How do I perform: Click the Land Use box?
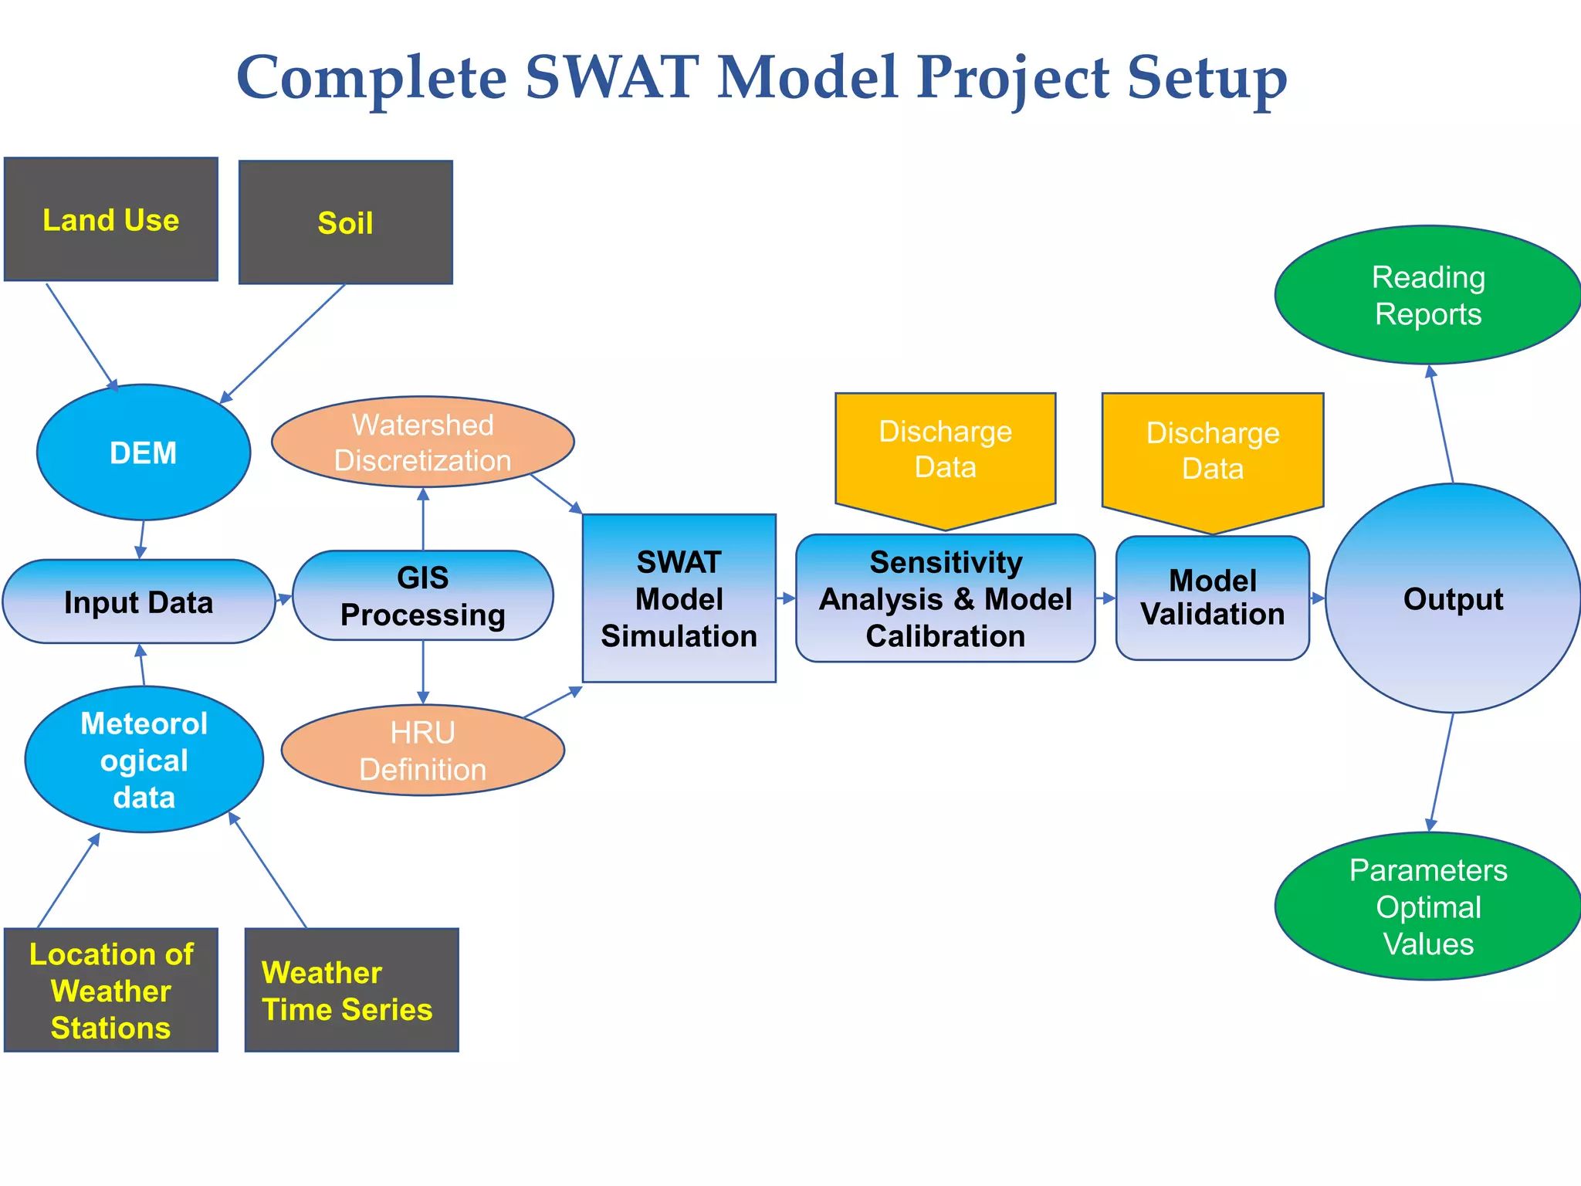111,219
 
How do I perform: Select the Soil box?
345,222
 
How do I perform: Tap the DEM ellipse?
144,452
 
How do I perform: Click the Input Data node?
139,601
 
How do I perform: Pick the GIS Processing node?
422,595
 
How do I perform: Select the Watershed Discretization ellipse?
422,442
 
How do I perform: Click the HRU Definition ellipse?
422,751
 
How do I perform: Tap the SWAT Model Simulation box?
679,598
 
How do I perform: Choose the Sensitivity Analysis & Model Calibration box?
945,598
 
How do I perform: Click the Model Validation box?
1212,598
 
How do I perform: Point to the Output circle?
1453,598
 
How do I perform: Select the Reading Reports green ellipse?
1428,295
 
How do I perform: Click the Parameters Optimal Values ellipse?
1428,906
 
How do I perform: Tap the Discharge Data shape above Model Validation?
1212,452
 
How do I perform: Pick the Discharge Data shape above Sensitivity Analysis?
945,450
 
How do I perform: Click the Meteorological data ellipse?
144,760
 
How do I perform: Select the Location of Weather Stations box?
111,990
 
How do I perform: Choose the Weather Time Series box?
351,990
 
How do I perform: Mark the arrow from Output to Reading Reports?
1441,424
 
